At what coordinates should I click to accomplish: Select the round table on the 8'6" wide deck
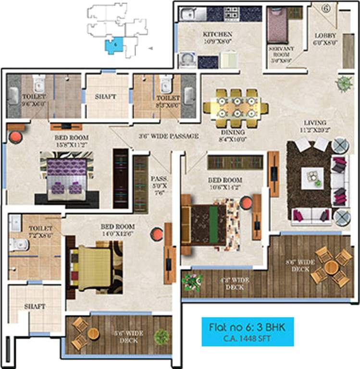331,268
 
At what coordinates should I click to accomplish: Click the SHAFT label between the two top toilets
106,97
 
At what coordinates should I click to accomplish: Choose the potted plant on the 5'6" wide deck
162,336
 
